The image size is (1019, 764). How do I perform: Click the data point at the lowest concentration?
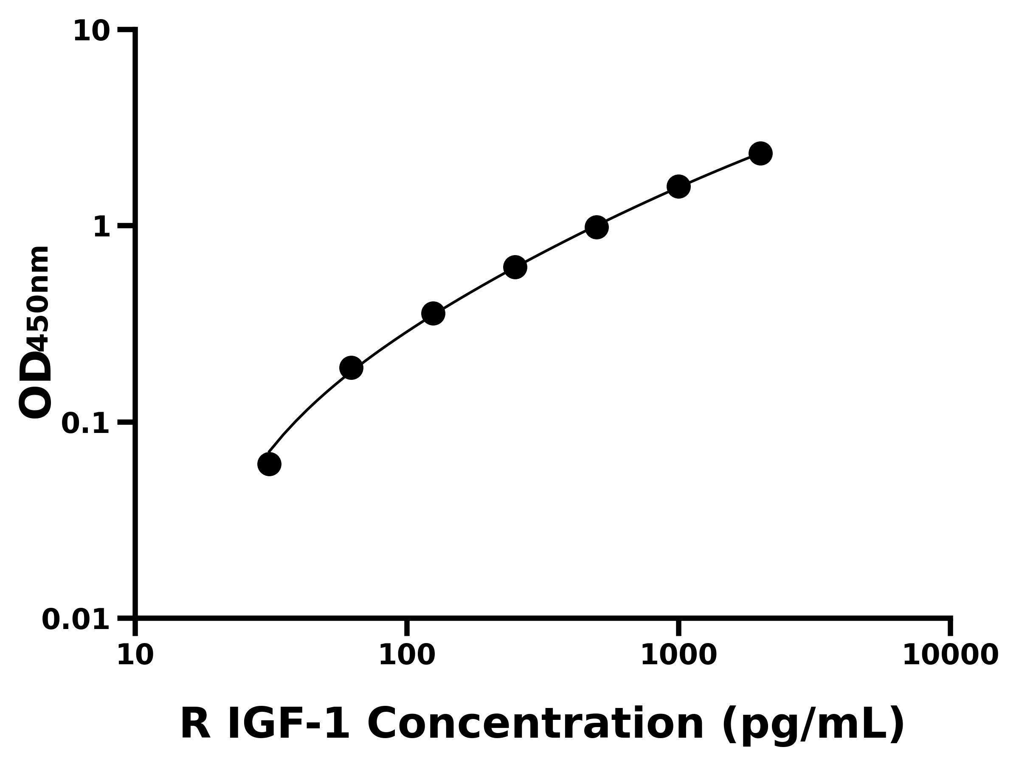click(x=269, y=464)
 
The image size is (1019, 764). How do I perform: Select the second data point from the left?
click(x=351, y=368)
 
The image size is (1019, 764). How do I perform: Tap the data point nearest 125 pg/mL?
click(x=433, y=314)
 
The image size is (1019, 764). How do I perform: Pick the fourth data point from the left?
click(x=515, y=267)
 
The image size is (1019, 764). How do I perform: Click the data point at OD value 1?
click(x=597, y=227)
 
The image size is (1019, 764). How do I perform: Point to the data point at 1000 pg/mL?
click(x=678, y=186)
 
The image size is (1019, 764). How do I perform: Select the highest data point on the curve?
click(x=760, y=153)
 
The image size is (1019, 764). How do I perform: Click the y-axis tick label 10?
click(x=92, y=32)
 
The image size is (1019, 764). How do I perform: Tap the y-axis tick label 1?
click(x=102, y=228)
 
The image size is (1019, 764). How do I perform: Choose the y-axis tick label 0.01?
click(x=76, y=619)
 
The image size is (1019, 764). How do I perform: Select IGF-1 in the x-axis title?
click(x=289, y=724)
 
